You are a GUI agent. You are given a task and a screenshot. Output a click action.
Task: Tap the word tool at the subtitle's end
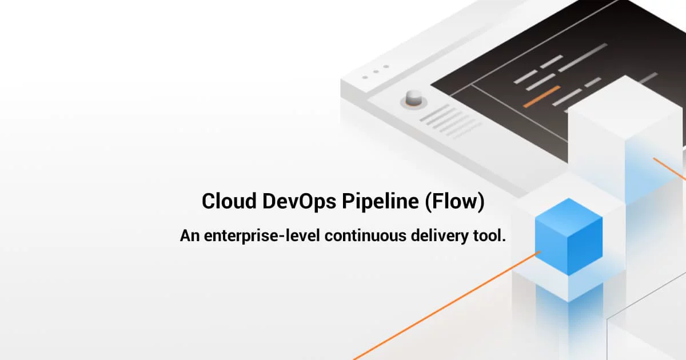492,235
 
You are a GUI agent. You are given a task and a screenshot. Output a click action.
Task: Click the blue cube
568,237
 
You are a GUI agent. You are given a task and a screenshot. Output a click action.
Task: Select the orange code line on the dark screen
541,97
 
